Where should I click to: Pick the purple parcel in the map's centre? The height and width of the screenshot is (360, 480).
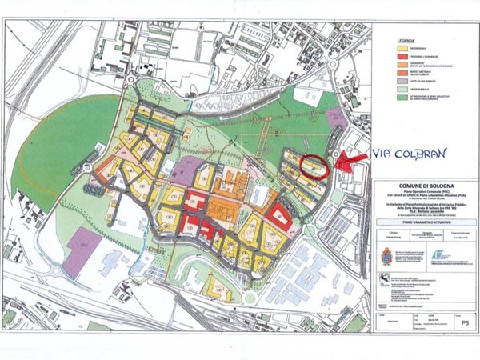(186, 170)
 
